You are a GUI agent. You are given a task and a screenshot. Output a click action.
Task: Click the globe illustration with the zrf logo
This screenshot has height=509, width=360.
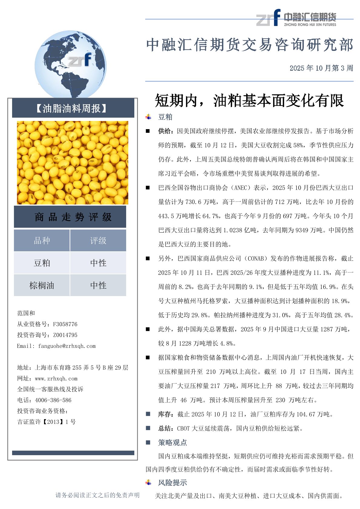pyautogui.click(x=70, y=64)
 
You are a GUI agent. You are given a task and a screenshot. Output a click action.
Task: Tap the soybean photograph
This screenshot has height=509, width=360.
pyautogui.click(x=73, y=163)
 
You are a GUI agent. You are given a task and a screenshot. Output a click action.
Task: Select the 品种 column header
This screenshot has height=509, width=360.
pyautogui.click(x=42, y=240)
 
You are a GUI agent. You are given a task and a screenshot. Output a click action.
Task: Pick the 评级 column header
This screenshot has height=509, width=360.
pyautogui.click(x=98, y=240)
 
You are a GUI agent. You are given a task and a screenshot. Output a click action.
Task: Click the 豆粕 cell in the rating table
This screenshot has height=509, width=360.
pyautogui.click(x=42, y=263)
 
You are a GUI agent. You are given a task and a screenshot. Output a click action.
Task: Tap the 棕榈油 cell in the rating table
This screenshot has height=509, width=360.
pyautogui.click(x=42, y=285)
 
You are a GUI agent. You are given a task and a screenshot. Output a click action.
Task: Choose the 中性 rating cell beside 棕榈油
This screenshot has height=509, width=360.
pyautogui.click(x=98, y=285)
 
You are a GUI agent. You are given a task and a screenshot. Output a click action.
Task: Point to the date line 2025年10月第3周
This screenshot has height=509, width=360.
pyautogui.click(x=321, y=68)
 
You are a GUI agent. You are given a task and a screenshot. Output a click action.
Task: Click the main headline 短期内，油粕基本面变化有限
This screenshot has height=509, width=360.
pyautogui.click(x=249, y=100)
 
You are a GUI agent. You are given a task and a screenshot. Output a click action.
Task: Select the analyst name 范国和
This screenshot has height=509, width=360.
pyautogui.click(x=26, y=313)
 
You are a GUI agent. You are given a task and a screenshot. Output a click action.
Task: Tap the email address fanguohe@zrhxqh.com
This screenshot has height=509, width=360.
pyautogui.click(x=67, y=346)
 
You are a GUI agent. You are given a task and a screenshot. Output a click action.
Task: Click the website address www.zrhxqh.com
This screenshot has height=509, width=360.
pyautogui.click(x=56, y=379)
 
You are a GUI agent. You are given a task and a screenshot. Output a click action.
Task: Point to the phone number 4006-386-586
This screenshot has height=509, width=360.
pyautogui.click(x=53, y=400)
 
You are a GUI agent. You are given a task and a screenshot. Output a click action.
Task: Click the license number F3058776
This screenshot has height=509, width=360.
pyautogui.click(x=65, y=324)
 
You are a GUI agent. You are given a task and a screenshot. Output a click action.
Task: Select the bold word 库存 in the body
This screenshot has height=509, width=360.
pyautogui.click(x=165, y=414)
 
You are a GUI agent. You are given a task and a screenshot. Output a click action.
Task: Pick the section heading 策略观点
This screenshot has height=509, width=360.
pyautogui.click(x=172, y=443)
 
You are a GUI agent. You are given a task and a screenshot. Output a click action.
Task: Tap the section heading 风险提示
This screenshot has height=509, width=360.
pyautogui.click(x=172, y=483)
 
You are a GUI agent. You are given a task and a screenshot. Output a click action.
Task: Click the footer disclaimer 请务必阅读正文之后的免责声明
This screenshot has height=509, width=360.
pyautogui.click(x=97, y=495)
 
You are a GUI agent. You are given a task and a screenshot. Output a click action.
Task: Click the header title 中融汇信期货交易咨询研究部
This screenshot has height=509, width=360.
pyautogui.click(x=250, y=45)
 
